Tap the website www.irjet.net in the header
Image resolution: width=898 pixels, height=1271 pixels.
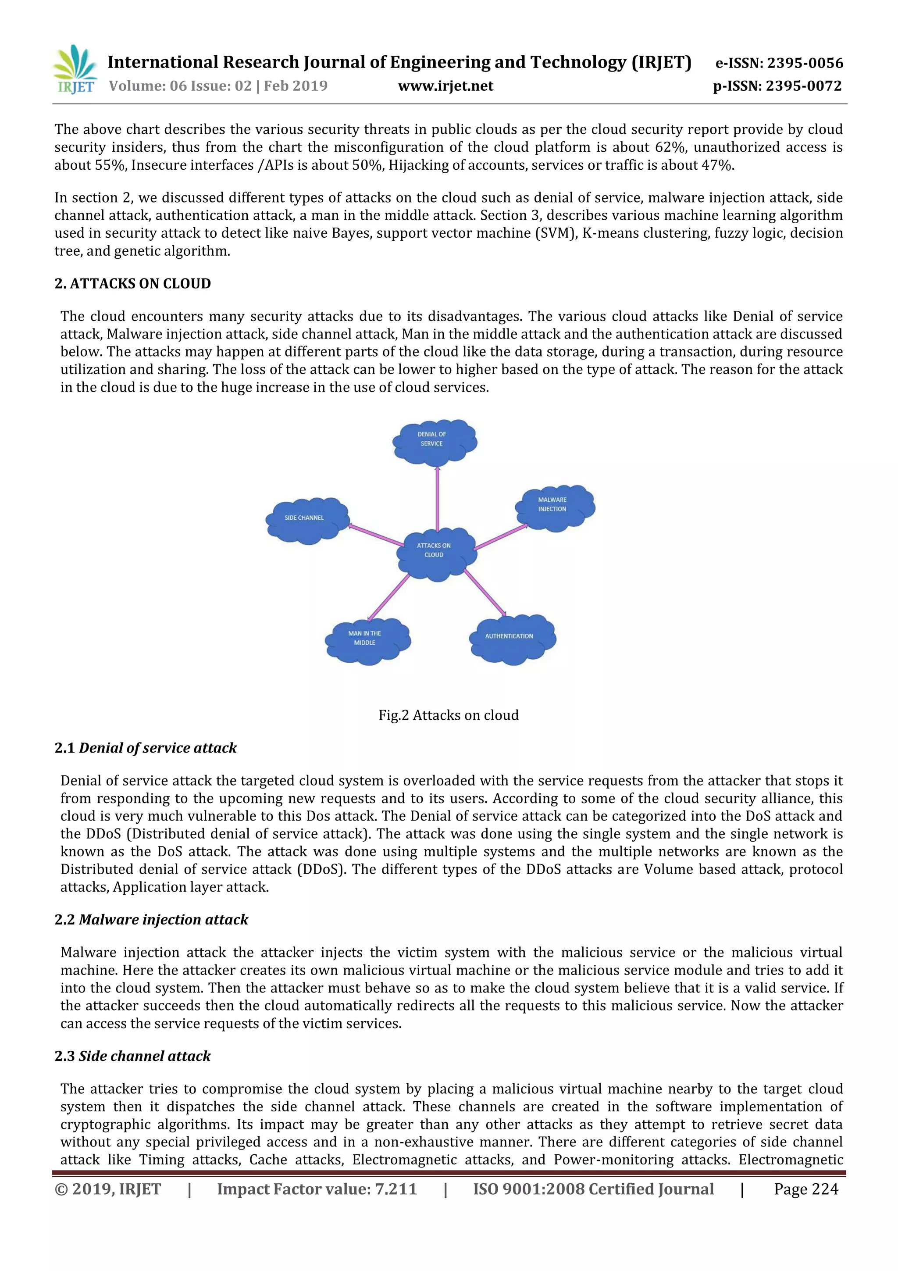tap(445, 86)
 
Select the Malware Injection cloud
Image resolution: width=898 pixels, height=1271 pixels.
tap(554, 507)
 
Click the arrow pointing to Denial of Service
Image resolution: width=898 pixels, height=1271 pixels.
tap(437, 498)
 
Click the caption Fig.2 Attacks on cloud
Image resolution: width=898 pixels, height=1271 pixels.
tap(448, 715)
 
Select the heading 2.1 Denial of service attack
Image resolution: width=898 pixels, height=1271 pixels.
tap(146, 748)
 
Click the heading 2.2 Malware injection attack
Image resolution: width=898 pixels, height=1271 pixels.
tap(151, 920)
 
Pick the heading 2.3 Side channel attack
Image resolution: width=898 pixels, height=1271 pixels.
tap(133, 1056)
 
